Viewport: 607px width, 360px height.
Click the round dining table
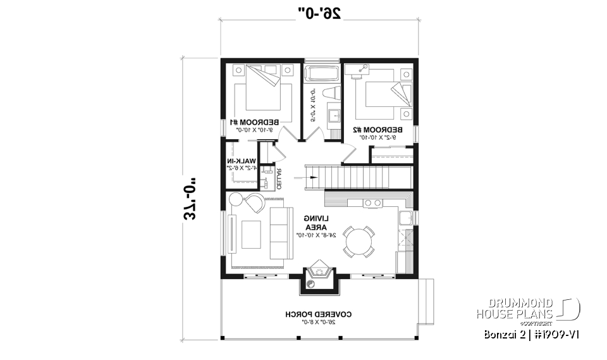pyautogui.click(x=358, y=241)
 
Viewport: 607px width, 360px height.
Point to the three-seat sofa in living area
pyautogui.click(x=279, y=233)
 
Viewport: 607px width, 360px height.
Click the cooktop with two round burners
pyautogui.click(x=372, y=202)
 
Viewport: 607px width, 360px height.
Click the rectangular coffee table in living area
pyautogui.click(x=252, y=235)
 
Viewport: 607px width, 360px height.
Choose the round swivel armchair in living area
pyautogui.click(x=256, y=203)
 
